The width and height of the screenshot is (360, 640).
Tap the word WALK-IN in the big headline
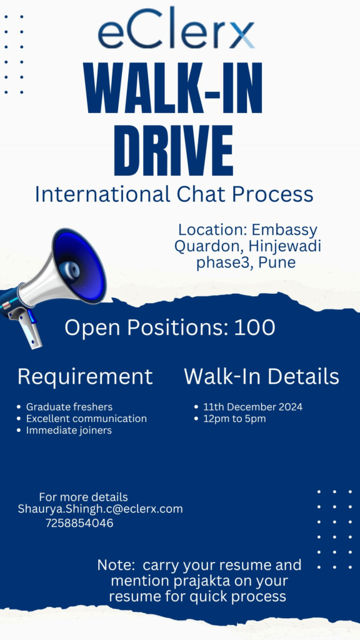(173, 89)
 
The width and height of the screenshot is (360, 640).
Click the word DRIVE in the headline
(174, 150)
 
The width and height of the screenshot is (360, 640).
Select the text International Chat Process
(174, 194)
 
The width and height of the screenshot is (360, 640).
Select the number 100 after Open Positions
(255, 327)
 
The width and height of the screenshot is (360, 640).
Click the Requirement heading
(85, 377)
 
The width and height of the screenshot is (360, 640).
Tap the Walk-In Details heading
(262, 377)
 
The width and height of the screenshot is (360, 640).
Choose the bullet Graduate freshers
(69, 407)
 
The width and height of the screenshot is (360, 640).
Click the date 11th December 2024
(253, 407)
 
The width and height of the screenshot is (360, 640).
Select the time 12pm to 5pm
(235, 419)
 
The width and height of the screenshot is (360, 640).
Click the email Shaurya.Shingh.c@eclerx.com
(101, 509)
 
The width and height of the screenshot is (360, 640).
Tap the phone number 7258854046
(79, 523)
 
